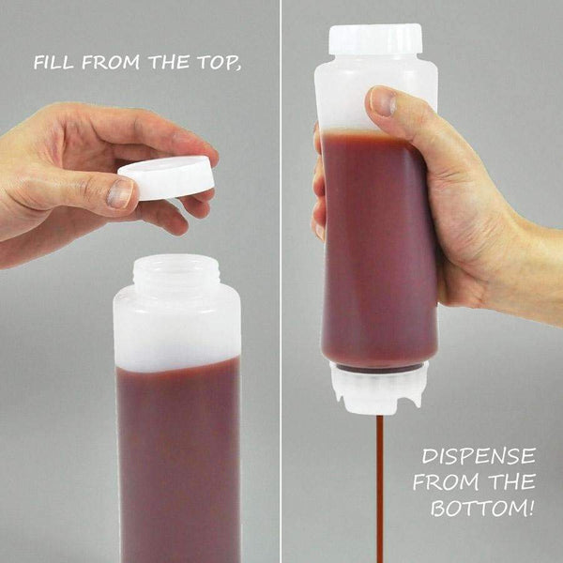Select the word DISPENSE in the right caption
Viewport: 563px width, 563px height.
click(478, 458)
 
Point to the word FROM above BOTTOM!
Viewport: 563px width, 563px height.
click(446, 484)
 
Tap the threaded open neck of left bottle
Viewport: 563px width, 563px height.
click(175, 272)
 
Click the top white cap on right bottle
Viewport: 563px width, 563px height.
click(375, 40)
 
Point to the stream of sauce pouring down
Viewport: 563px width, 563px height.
click(380, 488)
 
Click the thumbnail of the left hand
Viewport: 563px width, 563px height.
click(119, 193)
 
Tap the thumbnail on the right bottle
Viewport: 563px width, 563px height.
click(382, 102)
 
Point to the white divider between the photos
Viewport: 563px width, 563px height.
click(281, 281)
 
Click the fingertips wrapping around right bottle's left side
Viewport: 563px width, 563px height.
click(318, 188)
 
